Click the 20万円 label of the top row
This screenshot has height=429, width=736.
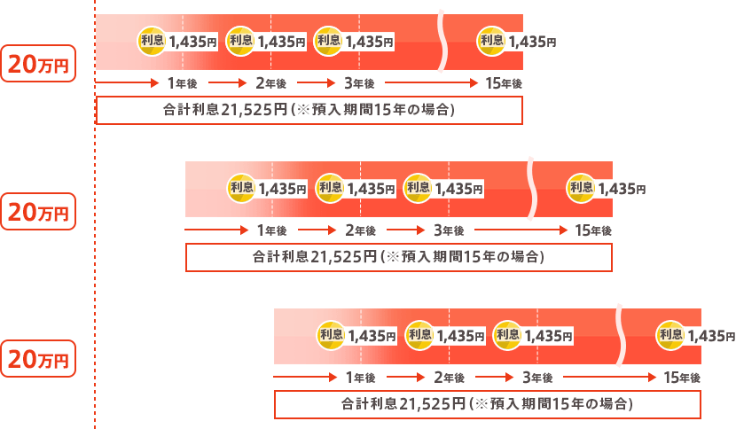(36, 64)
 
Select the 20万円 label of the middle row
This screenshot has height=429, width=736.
(36, 213)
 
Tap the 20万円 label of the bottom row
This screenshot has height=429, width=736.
(36, 359)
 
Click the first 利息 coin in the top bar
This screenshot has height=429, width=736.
(152, 40)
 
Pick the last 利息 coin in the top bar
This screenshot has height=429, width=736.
(492, 40)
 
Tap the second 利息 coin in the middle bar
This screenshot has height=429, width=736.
(330, 187)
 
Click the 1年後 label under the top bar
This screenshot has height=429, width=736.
(183, 83)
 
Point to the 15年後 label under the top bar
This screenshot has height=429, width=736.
(504, 83)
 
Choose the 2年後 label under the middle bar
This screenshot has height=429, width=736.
(360, 230)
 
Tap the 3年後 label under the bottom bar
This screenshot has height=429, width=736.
(537, 378)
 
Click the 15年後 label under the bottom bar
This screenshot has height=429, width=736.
(682, 378)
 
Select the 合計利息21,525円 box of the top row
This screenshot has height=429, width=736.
(309, 110)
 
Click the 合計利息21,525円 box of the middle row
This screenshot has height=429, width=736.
(398, 257)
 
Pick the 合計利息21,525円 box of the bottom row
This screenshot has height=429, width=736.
(487, 404)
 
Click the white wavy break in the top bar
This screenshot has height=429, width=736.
(442, 42)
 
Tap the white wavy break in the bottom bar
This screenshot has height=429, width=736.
(621, 335)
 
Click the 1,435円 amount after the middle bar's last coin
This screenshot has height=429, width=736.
(622, 188)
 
